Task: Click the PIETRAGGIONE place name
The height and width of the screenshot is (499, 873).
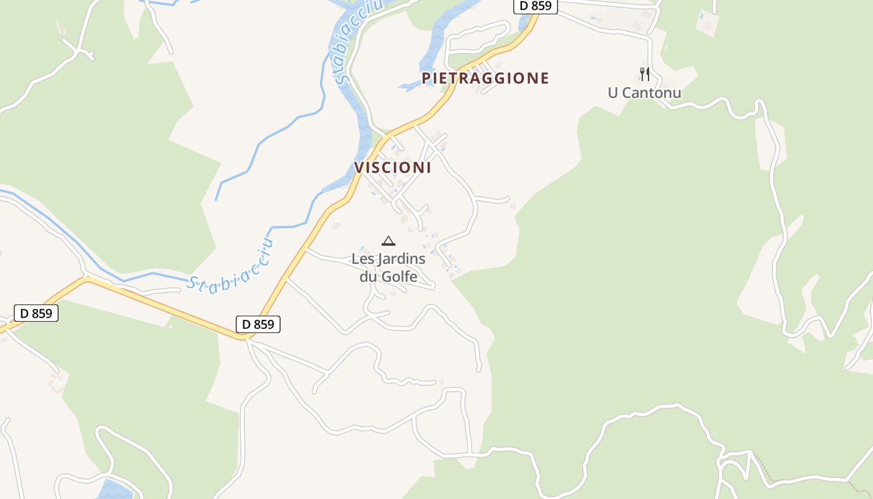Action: [485, 78]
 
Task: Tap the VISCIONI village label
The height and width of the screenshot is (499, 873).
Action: [393, 168]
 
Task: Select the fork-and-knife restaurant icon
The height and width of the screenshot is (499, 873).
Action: [645, 74]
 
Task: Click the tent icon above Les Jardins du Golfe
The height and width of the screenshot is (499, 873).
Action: [388, 241]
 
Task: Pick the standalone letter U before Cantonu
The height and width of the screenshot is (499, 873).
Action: [613, 94]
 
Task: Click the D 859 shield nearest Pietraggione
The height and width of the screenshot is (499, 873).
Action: [535, 6]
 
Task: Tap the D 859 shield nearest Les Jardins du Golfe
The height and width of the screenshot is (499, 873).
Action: [258, 324]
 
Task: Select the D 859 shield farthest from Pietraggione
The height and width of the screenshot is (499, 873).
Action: [36, 313]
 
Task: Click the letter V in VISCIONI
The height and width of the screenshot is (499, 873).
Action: [359, 168]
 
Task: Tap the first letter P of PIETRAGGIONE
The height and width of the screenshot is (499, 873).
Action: [427, 78]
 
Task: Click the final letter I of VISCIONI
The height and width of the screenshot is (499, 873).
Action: [428, 168]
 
